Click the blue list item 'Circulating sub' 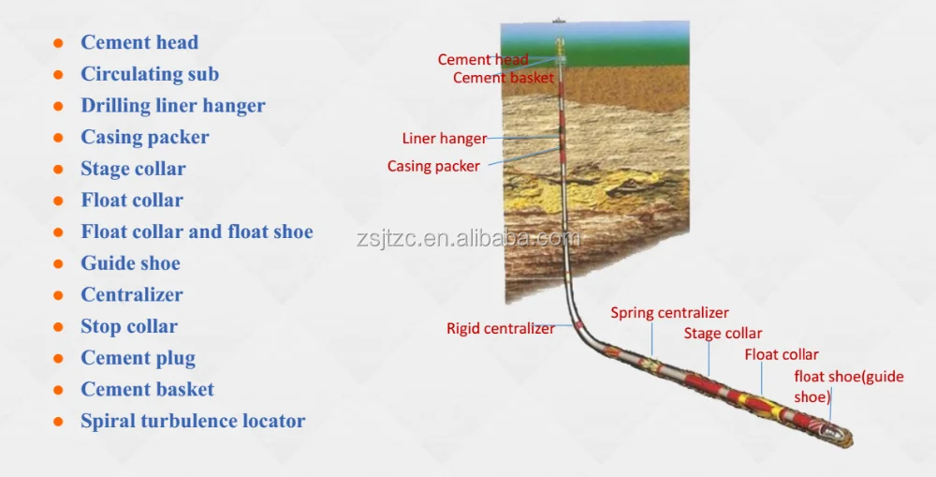coord(150,74)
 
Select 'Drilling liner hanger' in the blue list coord(173,106)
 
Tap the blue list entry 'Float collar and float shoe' coord(197,231)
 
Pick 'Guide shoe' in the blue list coord(130,263)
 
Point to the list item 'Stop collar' coord(129,326)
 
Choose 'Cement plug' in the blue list coord(138,358)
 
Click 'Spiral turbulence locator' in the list coord(193,421)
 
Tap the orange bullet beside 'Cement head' coord(58,43)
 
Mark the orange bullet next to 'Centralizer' coord(58,295)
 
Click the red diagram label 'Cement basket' coord(504,78)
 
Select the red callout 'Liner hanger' coord(445,139)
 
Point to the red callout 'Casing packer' coord(433,167)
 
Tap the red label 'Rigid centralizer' coord(500,329)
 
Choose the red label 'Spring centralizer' coord(669,313)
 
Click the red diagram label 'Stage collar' coord(723,334)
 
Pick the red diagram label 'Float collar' coord(782,354)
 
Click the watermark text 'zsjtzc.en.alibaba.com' coord(468,238)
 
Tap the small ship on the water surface coord(560,20)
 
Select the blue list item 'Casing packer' coord(145,137)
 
